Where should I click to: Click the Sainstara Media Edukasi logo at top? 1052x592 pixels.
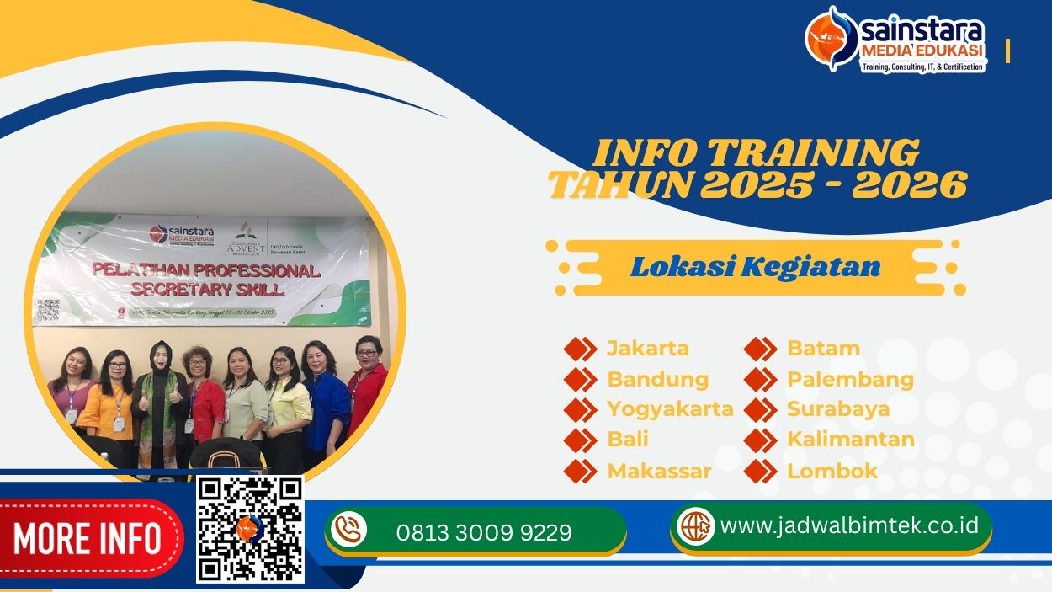[895, 40]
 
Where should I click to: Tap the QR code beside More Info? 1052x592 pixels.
[250, 529]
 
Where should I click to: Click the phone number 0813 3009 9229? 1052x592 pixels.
[484, 532]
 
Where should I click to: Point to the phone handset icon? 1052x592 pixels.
[348, 530]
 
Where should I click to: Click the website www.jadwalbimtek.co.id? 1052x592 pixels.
[850, 525]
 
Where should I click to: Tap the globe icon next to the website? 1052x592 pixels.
[695, 526]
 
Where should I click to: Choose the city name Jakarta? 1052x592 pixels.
[648, 348]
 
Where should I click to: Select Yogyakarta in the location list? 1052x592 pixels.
[670, 409]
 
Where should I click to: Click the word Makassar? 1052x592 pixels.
[659, 471]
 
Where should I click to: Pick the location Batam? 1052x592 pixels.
[823, 348]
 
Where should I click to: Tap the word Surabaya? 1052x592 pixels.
[838, 409]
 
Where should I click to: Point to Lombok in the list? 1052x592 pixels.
[832, 471]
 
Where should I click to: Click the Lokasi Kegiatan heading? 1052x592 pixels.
[755, 267]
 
